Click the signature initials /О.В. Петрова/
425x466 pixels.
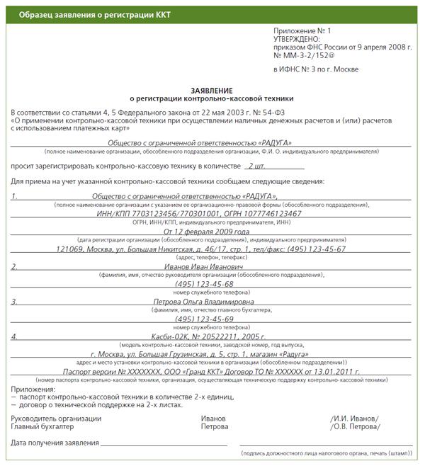355,427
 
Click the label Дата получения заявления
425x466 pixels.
55,443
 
